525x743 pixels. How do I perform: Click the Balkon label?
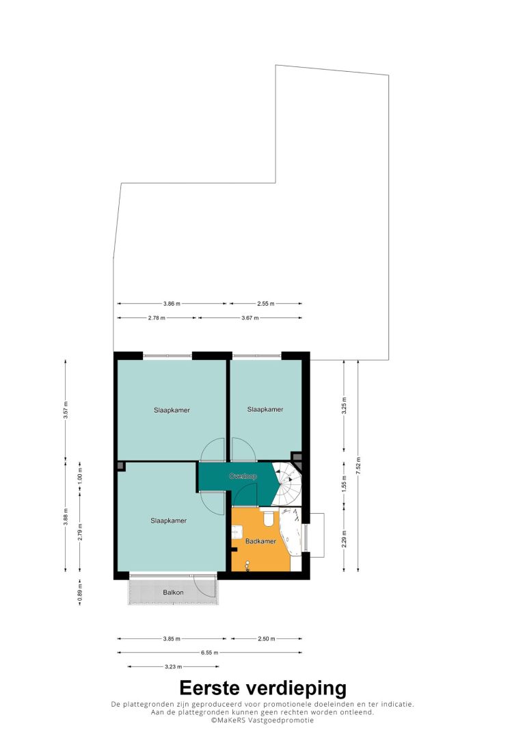173,592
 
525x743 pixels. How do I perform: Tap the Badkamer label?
260,541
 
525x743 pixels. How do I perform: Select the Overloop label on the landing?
243,476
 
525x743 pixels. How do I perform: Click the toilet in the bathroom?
268,519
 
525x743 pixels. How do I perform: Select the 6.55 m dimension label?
210,653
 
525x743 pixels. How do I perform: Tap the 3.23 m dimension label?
173,666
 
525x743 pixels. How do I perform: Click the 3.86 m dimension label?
172,304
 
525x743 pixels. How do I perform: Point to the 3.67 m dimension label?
250,318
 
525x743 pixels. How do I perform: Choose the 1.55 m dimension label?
344,482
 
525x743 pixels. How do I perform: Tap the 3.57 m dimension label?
66,410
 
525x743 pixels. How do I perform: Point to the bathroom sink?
237,532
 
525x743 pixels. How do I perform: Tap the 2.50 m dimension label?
267,639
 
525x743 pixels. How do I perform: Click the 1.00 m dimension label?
80,479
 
